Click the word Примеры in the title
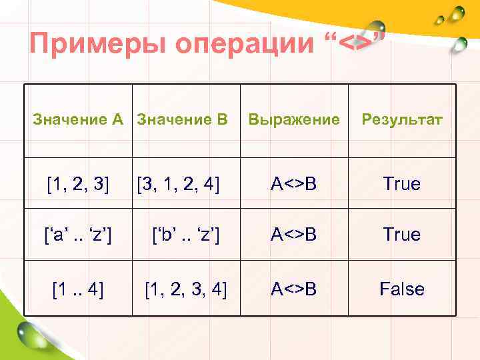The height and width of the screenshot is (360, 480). tap(97, 45)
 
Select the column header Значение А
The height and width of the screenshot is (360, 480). tap(79, 121)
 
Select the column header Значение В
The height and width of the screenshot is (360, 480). tap(181, 121)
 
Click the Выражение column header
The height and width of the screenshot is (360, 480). tap(293, 121)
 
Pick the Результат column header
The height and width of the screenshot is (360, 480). tap(401, 121)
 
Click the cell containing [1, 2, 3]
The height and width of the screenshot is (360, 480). tap(79, 183)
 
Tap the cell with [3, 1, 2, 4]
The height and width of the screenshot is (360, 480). tap(178, 183)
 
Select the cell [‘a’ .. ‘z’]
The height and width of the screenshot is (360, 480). tap(78, 235)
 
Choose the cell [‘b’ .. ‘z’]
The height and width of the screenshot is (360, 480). tap(186, 235)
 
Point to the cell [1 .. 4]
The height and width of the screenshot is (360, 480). tap(78, 289)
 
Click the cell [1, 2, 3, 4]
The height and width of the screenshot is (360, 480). tap(186, 289)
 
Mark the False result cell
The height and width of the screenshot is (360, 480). tap(401, 289)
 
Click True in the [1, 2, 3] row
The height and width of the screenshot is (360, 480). tap(401, 183)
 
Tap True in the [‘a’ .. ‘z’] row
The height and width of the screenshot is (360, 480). tap(401, 235)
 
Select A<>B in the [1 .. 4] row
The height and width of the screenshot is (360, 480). tap(293, 289)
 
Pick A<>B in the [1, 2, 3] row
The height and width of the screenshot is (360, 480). tap(293, 183)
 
